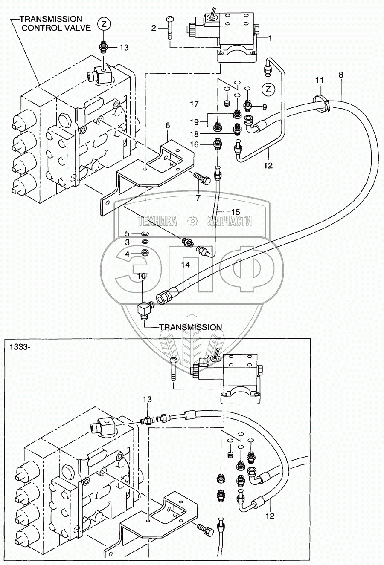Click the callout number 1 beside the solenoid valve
pyautogui.click(x=270, y=38)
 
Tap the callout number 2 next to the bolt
pyautogui.click(x=154, y=28)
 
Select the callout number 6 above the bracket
pyautogui.click(x=168, y=125)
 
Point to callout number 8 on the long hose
pyautogui.click(x=341, y=75)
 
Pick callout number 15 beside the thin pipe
pyautogui.click(x=235, y=212)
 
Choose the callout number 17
pyautogui.click(x=195, y=104)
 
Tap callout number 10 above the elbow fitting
pyautogui.click(x=142, y=276)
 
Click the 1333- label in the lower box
pyautogui.click(x=19, y=347)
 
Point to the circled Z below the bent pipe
pyautogui.click(x=268, y=89)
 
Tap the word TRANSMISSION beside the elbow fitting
pyautogui.click(x=190, y=327)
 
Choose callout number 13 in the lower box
pyautogui.click(x=147, y=399)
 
